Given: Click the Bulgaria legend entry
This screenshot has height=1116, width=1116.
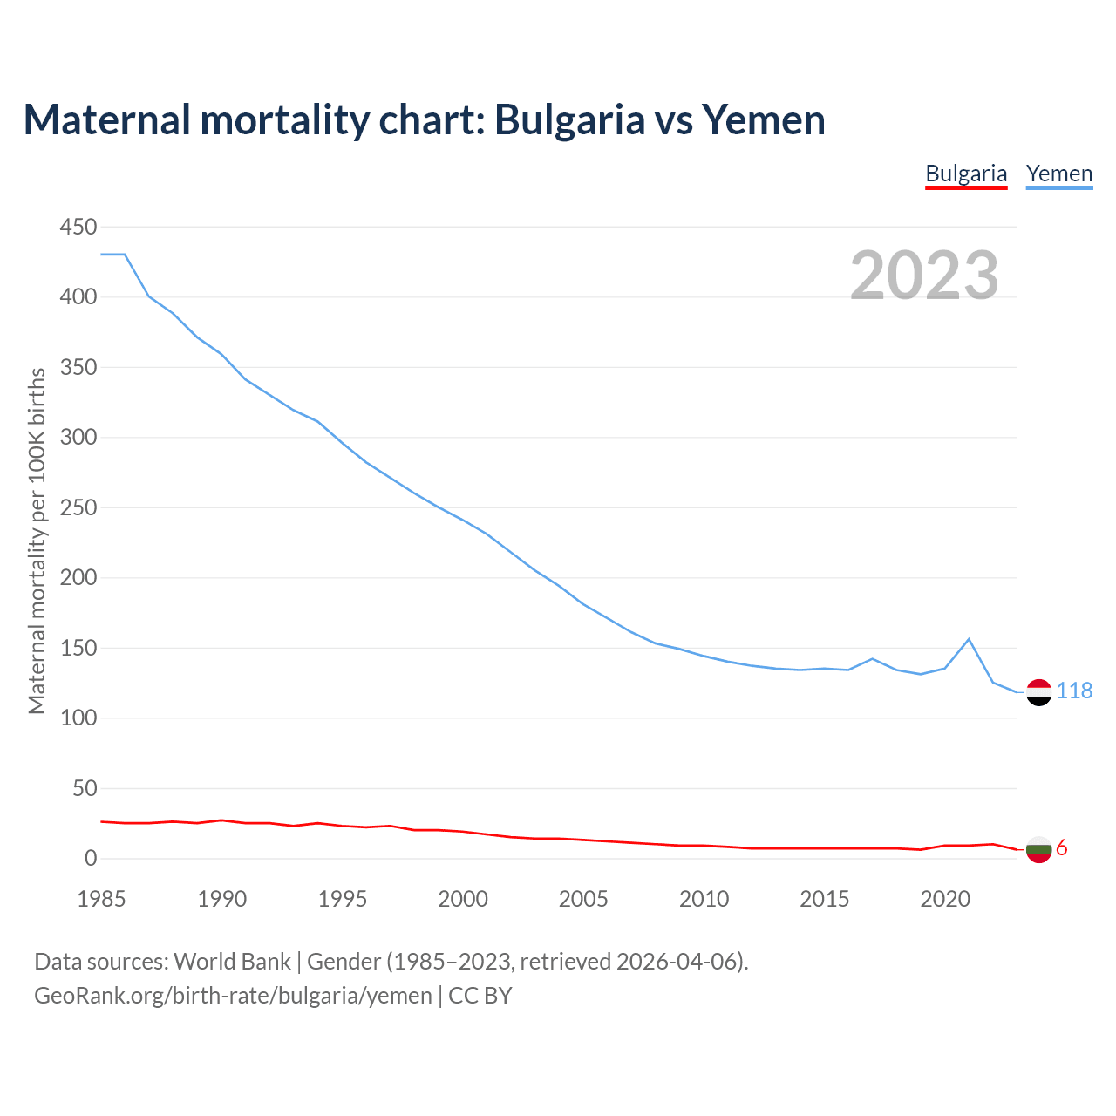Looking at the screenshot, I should tap(966, 174).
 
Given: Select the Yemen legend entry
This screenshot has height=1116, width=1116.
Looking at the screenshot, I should tap(1059, 174).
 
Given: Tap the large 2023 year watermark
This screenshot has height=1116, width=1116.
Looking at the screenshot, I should tap(924, 275).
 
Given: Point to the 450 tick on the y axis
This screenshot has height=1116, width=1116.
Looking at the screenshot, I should tap(78, 227).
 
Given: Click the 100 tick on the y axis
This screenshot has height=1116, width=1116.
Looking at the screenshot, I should tap(78, 718).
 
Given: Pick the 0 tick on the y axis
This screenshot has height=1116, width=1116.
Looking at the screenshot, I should tap(91, 859).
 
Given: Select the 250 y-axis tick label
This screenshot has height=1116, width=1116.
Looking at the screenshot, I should tap(78, 507).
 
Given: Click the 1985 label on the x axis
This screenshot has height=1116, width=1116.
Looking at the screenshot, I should tap(101, 899).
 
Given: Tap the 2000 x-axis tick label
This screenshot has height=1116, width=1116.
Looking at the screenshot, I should tap(463, 899).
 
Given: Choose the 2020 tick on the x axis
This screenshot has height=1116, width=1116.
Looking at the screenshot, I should tap(945, 899).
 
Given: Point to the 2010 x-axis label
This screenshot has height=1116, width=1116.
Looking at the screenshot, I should tap(704, 899).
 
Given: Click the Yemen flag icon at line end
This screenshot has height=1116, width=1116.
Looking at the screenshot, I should tap(1038, 691).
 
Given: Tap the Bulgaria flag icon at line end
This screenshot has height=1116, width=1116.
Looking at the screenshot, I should tap(1038, 849).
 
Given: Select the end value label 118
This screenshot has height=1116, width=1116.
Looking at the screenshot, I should tap(1074, 691).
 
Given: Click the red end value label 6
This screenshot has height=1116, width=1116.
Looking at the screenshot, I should tap(1062, 848).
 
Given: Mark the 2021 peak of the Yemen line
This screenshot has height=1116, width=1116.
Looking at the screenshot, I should tap(969, 639).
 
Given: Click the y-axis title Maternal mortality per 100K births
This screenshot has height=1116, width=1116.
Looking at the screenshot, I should tap(37, 541).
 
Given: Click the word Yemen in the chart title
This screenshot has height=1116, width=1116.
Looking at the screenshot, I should tap(763, 119).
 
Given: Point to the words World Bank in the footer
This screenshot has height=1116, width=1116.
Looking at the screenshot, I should tap(232, 962).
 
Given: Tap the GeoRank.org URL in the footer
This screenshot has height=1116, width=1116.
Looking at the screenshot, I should tap(233, 996).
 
